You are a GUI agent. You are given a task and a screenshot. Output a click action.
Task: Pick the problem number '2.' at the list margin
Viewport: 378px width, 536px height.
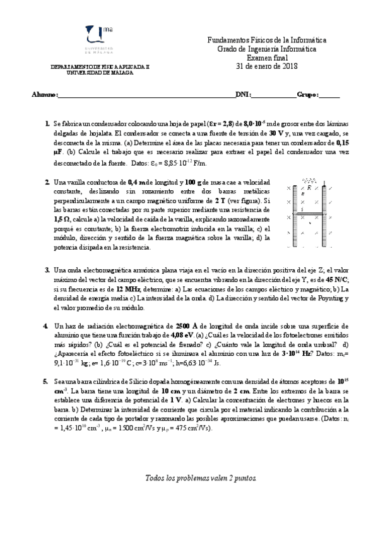(x=47, y=183)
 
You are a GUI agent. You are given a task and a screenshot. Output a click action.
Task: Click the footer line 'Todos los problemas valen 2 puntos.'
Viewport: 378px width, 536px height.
(x=201, y=478)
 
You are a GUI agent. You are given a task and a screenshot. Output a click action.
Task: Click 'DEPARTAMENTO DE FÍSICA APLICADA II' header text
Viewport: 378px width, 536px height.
(x=101, y=67)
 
